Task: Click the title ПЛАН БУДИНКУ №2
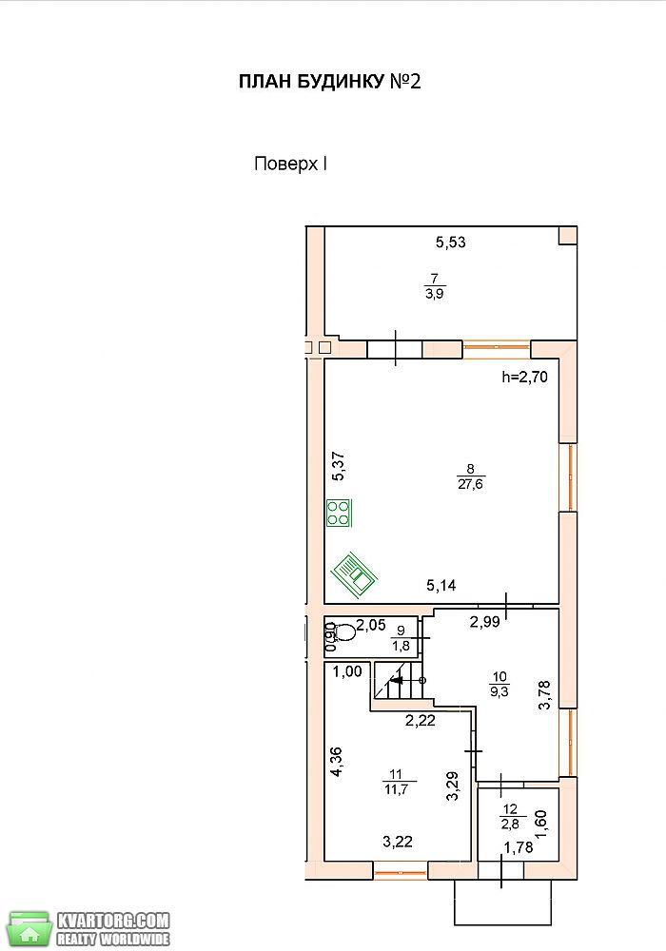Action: (329, 82)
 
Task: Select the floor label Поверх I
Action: (290, 165)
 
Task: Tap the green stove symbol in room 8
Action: (339, 513)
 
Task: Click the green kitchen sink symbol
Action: (354, 574)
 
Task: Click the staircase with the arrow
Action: (399, 681)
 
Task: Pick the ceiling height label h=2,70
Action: (524, 378)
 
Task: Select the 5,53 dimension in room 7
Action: (451, 243)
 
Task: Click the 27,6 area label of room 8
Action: (471, 485)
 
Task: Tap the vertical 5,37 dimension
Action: (338, 466)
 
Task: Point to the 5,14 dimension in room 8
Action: (441, 586)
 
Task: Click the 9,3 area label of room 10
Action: (499, 690)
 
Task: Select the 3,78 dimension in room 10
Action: (544, 695)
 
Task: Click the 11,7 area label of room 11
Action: (396, 789)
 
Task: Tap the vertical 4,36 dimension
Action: (336, 762)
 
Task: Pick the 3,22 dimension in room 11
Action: (398, 842)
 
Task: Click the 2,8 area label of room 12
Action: (510, 824)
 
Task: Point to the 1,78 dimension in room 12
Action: (519, 847)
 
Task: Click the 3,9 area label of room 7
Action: (435, 294)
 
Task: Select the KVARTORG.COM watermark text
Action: (113, 920)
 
